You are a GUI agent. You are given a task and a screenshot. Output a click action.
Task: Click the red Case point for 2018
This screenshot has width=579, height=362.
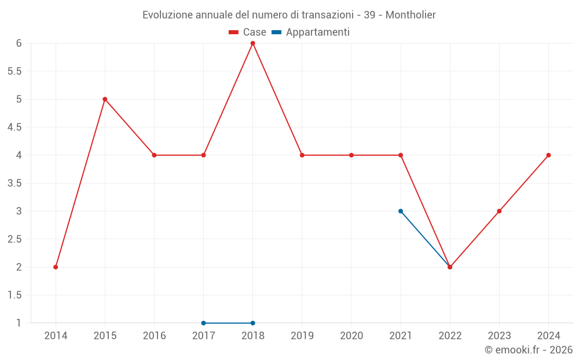[253, 43]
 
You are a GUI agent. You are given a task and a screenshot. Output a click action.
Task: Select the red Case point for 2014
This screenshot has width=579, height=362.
[56, 267]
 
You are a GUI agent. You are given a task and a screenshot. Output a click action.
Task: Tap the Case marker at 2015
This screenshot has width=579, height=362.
[105, 99]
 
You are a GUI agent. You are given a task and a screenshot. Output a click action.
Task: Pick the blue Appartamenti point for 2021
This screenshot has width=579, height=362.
[401, 211]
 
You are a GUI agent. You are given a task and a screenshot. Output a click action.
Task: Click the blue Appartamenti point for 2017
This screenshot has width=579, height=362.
[203, 323]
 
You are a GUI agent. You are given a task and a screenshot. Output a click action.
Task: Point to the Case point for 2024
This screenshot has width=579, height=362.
[548, 155]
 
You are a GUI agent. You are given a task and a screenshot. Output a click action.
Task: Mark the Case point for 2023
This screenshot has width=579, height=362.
[499, 211]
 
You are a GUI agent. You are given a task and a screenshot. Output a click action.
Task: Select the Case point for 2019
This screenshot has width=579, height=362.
[302, 155]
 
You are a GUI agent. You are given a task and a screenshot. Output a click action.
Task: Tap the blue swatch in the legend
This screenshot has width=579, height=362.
[277, 32]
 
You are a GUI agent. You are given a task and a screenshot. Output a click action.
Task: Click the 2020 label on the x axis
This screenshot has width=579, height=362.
[351, 335]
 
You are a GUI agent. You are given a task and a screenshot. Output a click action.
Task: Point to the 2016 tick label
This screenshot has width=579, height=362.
[154, 335]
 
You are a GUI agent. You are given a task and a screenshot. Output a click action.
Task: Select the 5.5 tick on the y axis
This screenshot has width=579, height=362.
[14, 71]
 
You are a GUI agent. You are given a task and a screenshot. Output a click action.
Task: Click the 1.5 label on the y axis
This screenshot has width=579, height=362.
[14, 295]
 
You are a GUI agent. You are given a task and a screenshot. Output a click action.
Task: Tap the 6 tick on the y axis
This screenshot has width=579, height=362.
[19, 43]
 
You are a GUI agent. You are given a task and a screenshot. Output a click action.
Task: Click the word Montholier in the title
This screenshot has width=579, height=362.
[411, 14]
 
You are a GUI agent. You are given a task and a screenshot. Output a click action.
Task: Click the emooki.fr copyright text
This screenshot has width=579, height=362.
[528, 350]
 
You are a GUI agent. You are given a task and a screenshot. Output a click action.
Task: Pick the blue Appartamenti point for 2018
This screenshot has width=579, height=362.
[253, 323]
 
